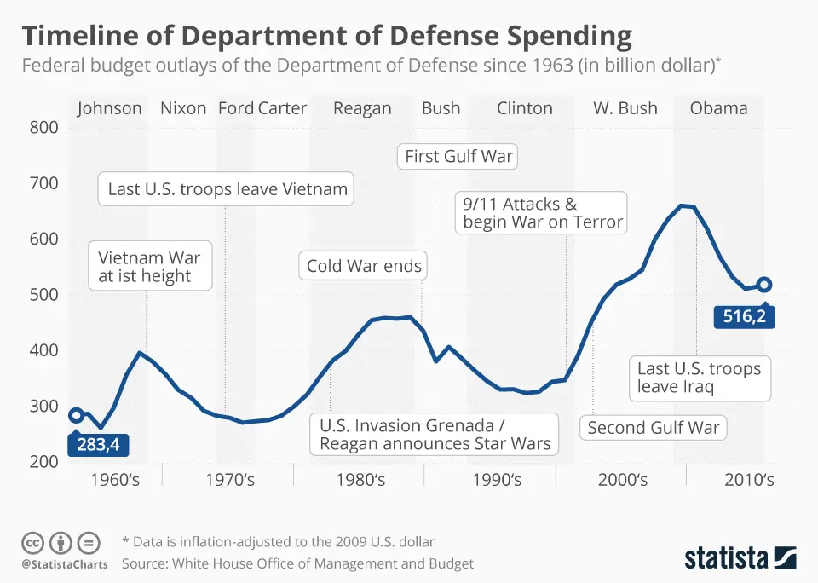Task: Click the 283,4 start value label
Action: [96, 444]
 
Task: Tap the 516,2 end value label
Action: [743, 318]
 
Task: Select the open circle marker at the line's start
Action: [77, 415]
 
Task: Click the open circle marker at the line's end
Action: [764, 285]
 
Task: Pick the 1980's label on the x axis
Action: [360, 480]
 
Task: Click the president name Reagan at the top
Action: [362, 108]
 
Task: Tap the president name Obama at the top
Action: [718, 108]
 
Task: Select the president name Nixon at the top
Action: [183, 108]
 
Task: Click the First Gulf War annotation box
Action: [458, 156]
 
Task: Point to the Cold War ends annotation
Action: [364, 266]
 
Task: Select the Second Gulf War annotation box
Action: [654, 428]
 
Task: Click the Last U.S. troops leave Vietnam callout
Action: [228, 189]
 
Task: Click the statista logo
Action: [740, 558]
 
